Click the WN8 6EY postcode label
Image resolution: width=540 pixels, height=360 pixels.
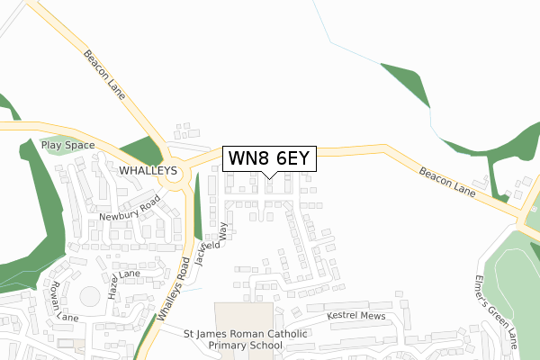pyautogui.click(x=269, y=158)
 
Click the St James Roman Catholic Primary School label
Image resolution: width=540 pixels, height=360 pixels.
pyautogui.click(x=247, y=339)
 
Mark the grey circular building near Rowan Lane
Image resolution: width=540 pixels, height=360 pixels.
pyautogui.click(x=91, y=296)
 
